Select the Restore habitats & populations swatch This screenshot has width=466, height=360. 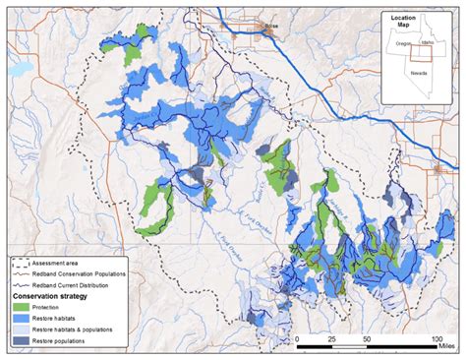pos(20,330)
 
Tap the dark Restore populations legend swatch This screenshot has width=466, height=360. pos(20,341)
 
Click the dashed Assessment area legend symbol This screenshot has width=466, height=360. pos(20,263)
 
